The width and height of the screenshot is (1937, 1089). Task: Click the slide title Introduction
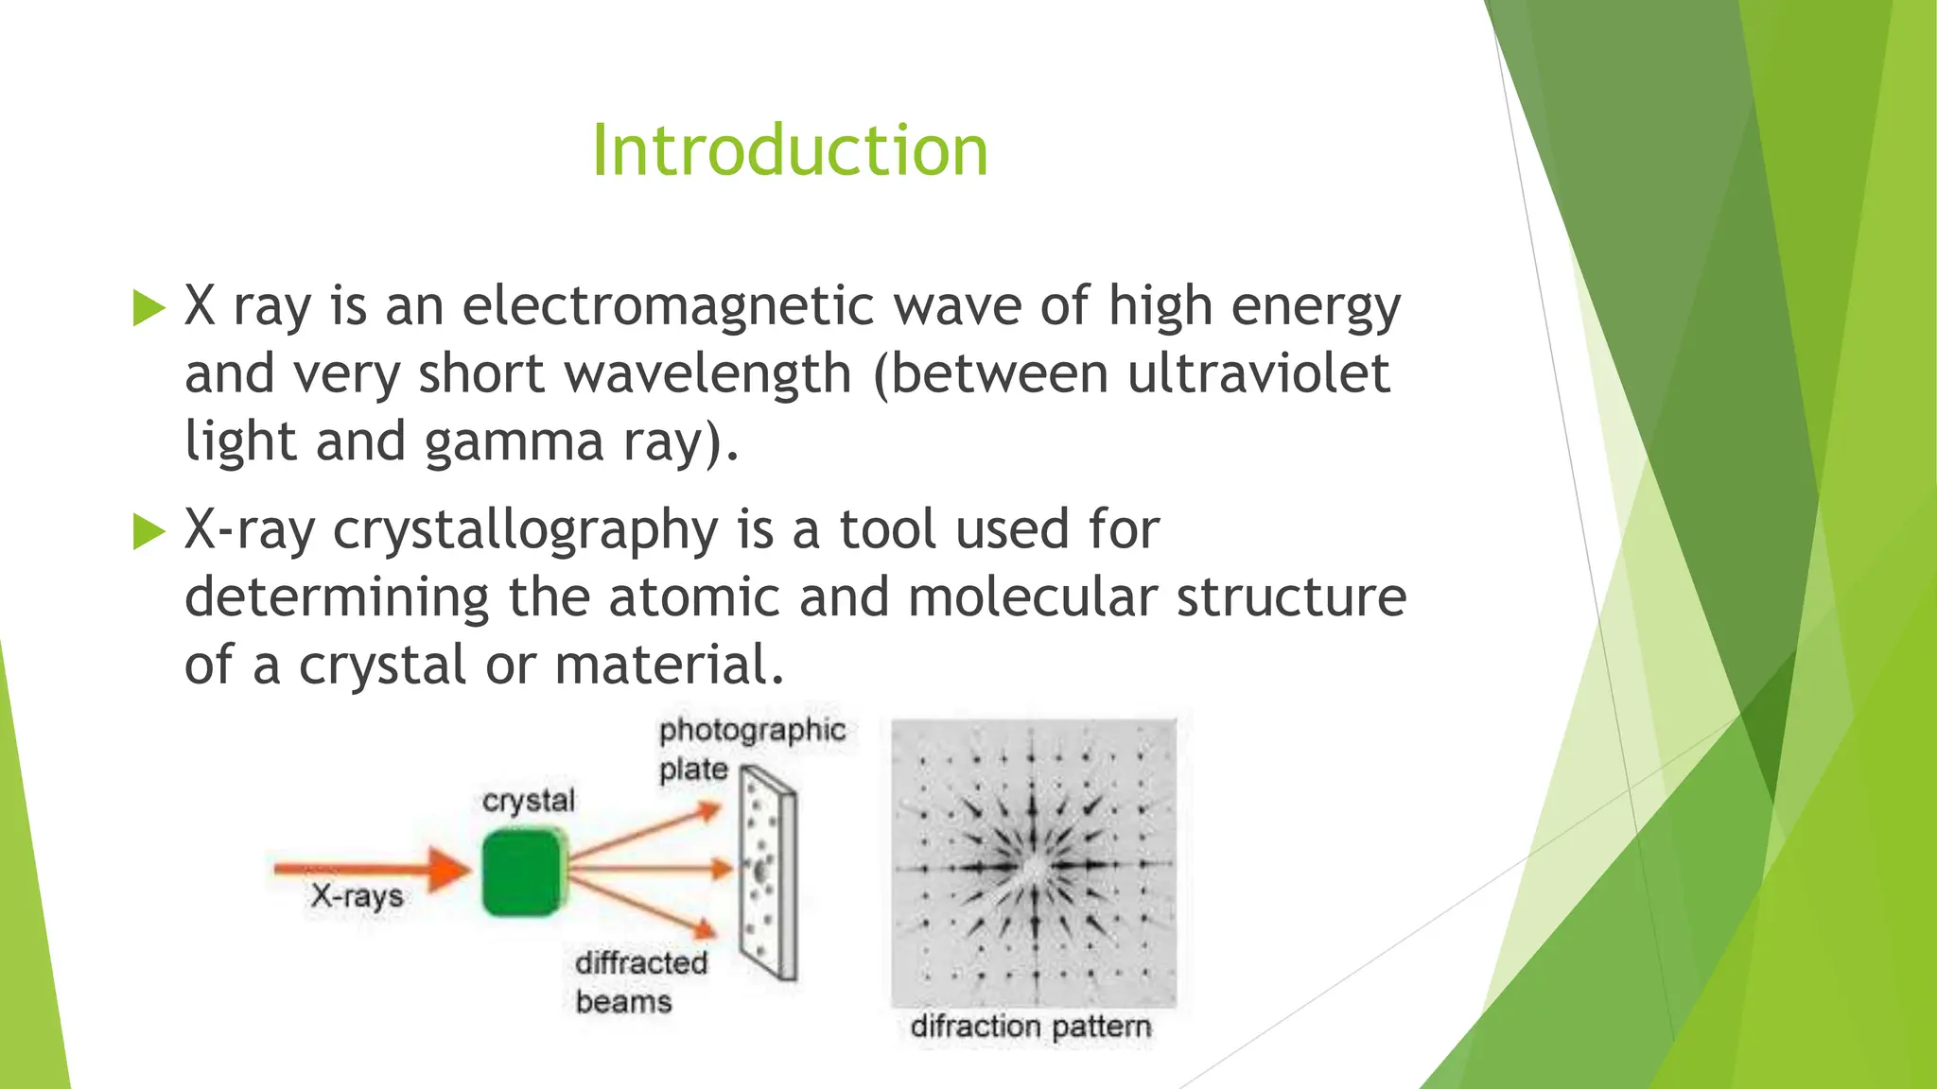[x=790, y=151]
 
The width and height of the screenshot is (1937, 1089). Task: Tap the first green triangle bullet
[x=148, y=308]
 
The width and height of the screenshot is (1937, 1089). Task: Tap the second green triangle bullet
[x=148, y=531]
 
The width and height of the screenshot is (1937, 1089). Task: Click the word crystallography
[x=526, y=531]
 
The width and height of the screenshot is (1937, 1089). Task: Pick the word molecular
[x=1033, y=597]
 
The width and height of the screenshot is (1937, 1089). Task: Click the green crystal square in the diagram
[x=522, y=872]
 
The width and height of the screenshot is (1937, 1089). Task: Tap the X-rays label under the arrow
[x=357, y=896]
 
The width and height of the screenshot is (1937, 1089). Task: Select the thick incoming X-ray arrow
[x=369, y=868]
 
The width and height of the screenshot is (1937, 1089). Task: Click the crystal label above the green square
[x=528, y=801]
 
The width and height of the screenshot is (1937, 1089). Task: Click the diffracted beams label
[x=640, y=981]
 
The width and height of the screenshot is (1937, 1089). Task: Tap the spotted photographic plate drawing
[x=768, y=874]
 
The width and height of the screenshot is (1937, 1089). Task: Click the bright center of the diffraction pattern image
[x=1033, y=866]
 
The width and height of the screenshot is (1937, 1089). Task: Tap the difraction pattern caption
[x=1031, y=1027]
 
